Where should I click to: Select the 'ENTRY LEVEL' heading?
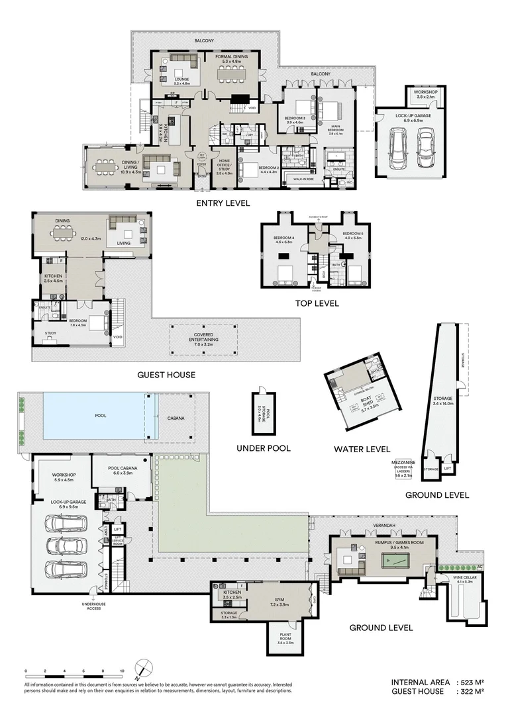[x=223, y=203]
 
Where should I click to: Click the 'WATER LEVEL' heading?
[x=362, y=449]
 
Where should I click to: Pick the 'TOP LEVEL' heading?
[x=317, y=303]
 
